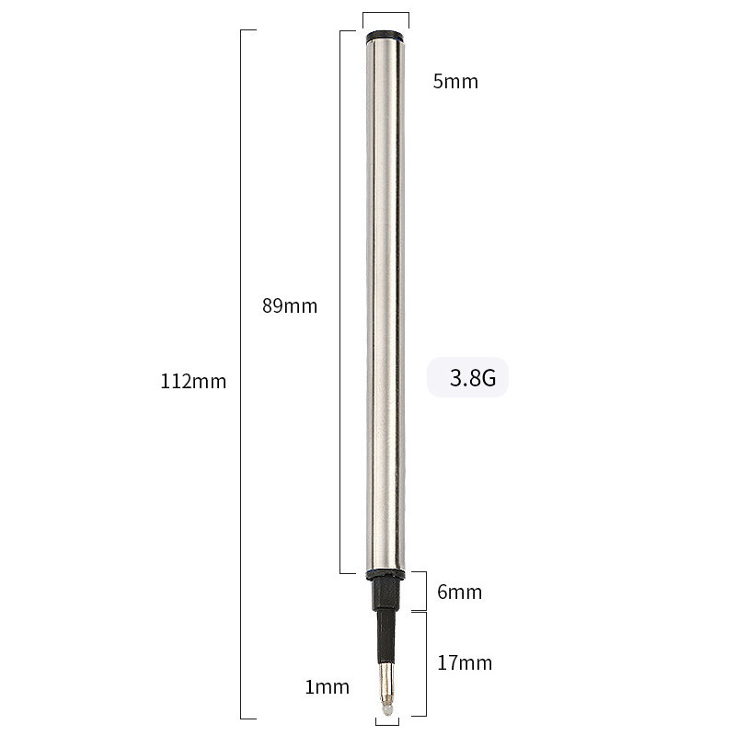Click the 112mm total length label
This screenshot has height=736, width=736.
coord(193,381)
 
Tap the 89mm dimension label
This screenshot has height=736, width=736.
coord(290,306)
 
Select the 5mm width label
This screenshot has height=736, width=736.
coord(455,82)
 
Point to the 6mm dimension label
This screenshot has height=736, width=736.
coord(459,592)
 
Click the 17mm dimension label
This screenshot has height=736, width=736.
coord(465,663)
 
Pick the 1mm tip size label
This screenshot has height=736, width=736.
coord(328,687)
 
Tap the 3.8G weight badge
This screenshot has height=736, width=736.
coord(467,377)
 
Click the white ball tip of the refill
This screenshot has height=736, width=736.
coord(387,709)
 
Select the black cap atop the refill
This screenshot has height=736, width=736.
coord(385,37)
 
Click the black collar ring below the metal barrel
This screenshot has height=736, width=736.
coord(385,574)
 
